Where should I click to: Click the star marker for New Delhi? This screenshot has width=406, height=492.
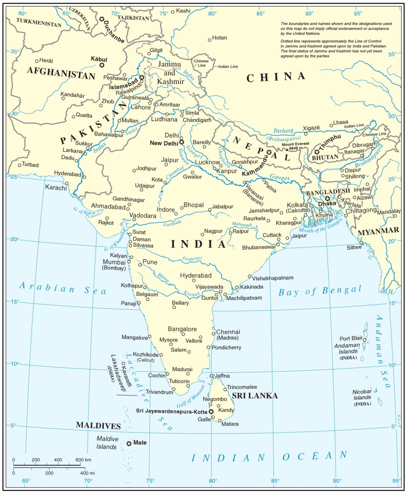(x=182, y=142)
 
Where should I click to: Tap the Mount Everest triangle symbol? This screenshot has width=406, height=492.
(x=287, y=149)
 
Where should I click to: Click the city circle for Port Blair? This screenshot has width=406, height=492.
(x=365, y=340)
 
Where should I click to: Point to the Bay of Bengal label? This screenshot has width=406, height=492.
(x=320, y=291)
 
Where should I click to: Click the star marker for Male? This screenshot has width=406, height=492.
(x=129, y=443)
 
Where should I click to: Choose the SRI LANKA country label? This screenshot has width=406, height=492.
(x=255, y=395)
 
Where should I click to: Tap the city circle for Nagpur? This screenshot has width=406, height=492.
(x=202, y=235)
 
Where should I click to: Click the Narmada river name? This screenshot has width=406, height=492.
(x=172, y=223)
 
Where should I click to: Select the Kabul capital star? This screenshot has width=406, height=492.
(x=102, y=65)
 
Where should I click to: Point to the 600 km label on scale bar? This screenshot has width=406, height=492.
(x=83, y=460)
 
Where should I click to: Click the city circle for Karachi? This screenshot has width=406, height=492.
(x=67, y=183)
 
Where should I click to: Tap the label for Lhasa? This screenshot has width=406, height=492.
(x=340, y=122)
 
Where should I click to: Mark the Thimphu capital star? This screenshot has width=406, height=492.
(x=316, y=152)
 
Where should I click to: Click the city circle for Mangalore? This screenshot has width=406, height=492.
(x=149, y=337)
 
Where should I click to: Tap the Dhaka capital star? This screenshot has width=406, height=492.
(x=327, y=198)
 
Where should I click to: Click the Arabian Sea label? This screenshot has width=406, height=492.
(x=63, y=288)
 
